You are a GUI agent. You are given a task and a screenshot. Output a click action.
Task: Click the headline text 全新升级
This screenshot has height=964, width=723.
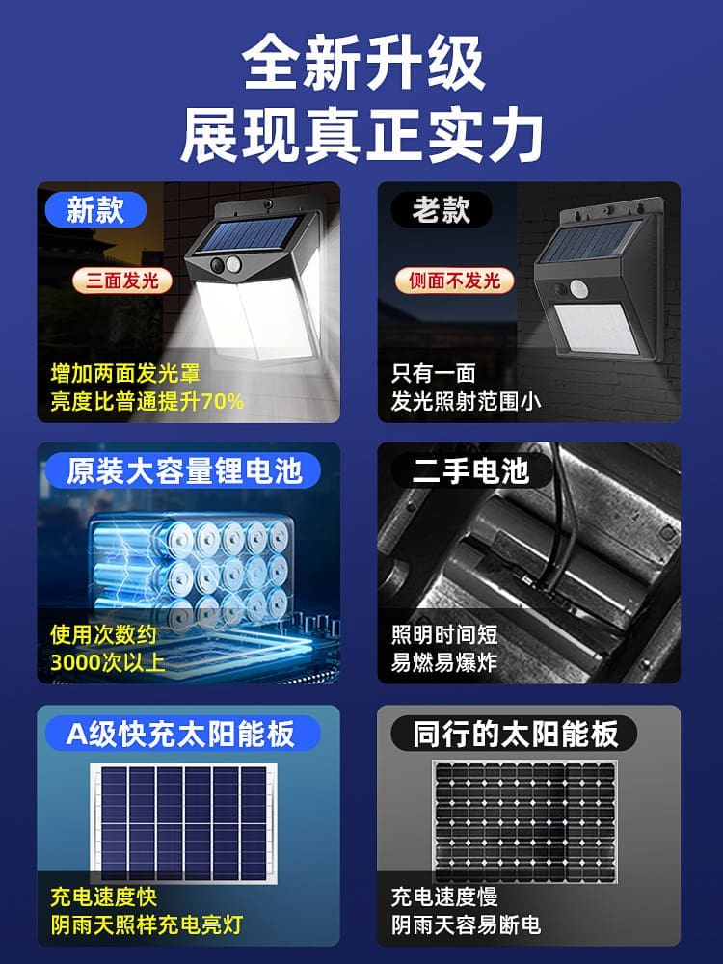(362, 65)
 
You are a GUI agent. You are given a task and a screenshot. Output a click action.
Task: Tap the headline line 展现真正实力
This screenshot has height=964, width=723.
(362, 136)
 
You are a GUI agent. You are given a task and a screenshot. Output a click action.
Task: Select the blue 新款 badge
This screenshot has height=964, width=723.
(95, 209)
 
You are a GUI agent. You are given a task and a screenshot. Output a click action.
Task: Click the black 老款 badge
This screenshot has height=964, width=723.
(442, 209)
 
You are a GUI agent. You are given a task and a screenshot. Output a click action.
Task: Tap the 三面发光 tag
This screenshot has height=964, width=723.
(122, 281)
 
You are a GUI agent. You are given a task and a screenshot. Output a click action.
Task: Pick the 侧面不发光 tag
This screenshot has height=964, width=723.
(454, 281)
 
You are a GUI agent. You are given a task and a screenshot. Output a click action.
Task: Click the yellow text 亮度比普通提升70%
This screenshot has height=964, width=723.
(147, 401)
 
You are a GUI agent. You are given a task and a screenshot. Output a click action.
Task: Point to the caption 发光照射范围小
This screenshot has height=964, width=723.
(466, 401)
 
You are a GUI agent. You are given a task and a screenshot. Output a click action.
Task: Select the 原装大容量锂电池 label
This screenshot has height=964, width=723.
(183, 470)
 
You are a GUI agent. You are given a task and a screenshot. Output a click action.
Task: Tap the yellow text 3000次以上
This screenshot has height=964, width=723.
(107, 661)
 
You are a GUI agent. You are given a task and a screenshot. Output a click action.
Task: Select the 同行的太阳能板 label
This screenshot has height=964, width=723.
(515, 734)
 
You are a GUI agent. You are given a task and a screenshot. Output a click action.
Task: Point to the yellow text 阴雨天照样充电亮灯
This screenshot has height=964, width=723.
(146, 924)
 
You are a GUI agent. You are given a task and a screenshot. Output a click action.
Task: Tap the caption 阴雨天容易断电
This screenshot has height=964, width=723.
(466, 924)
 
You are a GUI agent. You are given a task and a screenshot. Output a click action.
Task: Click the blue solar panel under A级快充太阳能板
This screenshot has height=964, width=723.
(184, 820)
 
